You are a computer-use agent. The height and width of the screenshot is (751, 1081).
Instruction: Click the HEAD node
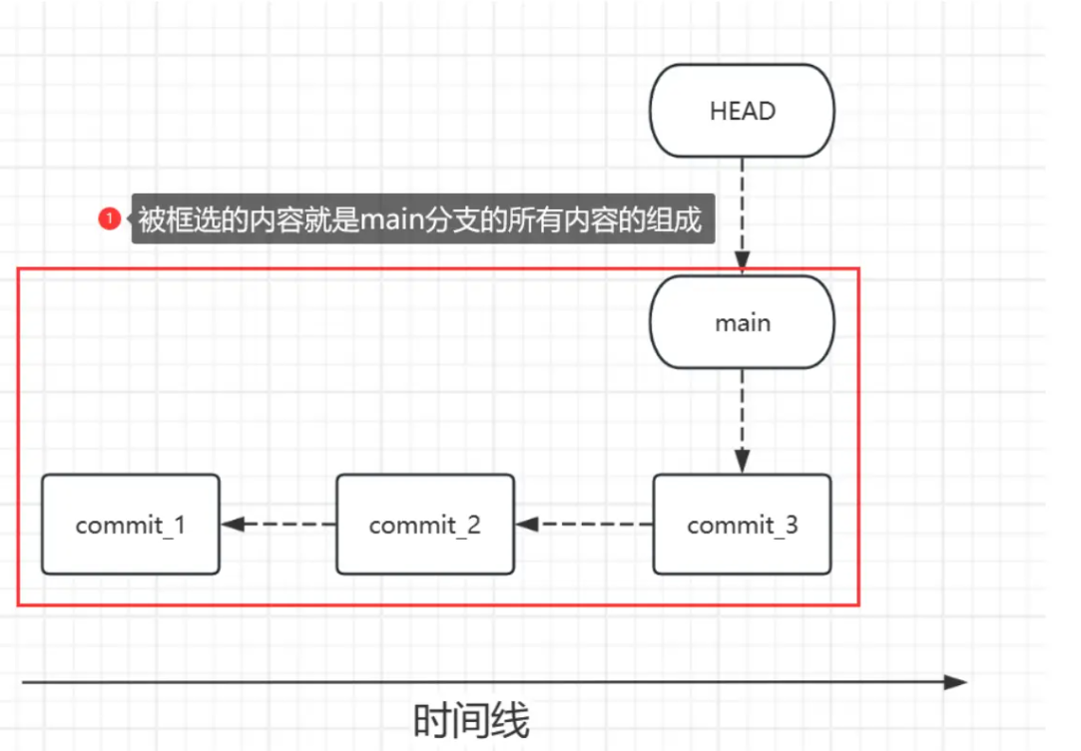pos(742,111)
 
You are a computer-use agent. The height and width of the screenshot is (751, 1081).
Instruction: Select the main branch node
pos(742,323)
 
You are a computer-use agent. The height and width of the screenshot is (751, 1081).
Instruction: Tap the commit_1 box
pos(130,525)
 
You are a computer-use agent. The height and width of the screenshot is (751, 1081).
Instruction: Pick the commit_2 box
pos(425,525)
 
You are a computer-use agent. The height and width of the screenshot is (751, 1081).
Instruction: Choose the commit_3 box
pos(742,525)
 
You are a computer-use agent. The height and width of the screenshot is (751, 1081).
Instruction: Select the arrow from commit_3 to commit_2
pos(584,524)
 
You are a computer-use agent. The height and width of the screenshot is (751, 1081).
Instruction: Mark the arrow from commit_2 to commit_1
pos(278,524)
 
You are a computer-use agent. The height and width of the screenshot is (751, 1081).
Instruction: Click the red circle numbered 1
pos(109,218)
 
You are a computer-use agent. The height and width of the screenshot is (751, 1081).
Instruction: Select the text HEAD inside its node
pos(742,111)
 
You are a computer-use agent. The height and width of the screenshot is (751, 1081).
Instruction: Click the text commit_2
pos(425,525)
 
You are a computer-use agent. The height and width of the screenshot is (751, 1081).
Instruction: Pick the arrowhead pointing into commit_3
pos(742,462)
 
